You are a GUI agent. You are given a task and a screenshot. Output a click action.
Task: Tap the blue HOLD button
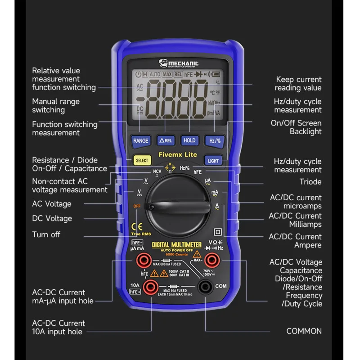(189, 140)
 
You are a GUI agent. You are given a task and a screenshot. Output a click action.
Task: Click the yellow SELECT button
(141, 160)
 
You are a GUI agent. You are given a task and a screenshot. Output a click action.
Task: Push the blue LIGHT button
(213, 160)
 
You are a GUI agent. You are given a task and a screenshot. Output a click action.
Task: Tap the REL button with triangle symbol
(166, 140)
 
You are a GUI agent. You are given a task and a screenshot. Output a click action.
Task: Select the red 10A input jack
(150, 287)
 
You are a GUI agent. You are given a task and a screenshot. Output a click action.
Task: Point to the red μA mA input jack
(144, 260)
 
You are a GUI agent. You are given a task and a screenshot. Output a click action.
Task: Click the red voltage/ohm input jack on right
(211, 260)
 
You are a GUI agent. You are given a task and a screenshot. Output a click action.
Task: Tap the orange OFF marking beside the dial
(136, 206)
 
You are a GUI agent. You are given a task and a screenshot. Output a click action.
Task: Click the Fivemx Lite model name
(177, 154)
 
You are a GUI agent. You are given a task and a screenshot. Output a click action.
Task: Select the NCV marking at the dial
(157, 171)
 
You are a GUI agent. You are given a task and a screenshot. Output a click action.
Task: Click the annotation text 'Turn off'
(46, 234)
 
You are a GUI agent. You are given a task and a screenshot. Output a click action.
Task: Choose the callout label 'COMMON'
(304, 331)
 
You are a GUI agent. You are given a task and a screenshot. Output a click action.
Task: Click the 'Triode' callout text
(310, 182)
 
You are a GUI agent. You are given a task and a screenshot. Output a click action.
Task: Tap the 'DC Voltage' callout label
(52, 218)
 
